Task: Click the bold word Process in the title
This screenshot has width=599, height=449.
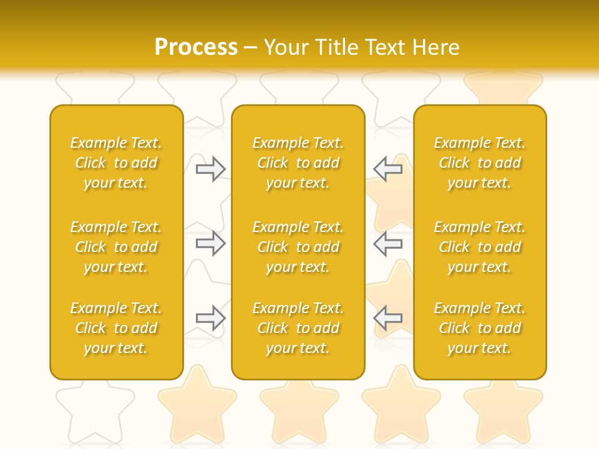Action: point(196,47)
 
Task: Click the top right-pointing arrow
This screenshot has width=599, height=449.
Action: point(211,169)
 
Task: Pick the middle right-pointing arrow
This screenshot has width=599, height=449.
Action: point(211,243)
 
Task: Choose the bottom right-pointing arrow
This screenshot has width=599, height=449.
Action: point(211,318)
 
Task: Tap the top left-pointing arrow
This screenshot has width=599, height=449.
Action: point(387,169)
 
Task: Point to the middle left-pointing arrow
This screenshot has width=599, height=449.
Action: point(387,243)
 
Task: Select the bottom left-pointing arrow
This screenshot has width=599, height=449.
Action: point(387,318)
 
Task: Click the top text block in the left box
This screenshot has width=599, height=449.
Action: point(116,163)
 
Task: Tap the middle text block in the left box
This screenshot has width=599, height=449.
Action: point(116,247)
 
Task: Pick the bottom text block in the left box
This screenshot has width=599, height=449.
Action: point(116,328)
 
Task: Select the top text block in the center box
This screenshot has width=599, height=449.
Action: point(298,163)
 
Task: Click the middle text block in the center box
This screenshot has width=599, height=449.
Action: point(298,247)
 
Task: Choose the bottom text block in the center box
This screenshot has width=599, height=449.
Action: point(298,328)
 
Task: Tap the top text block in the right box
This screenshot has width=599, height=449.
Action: point(480,163)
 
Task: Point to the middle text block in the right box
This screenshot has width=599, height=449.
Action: point(480,247)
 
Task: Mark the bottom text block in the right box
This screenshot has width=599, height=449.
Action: point(480,328)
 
